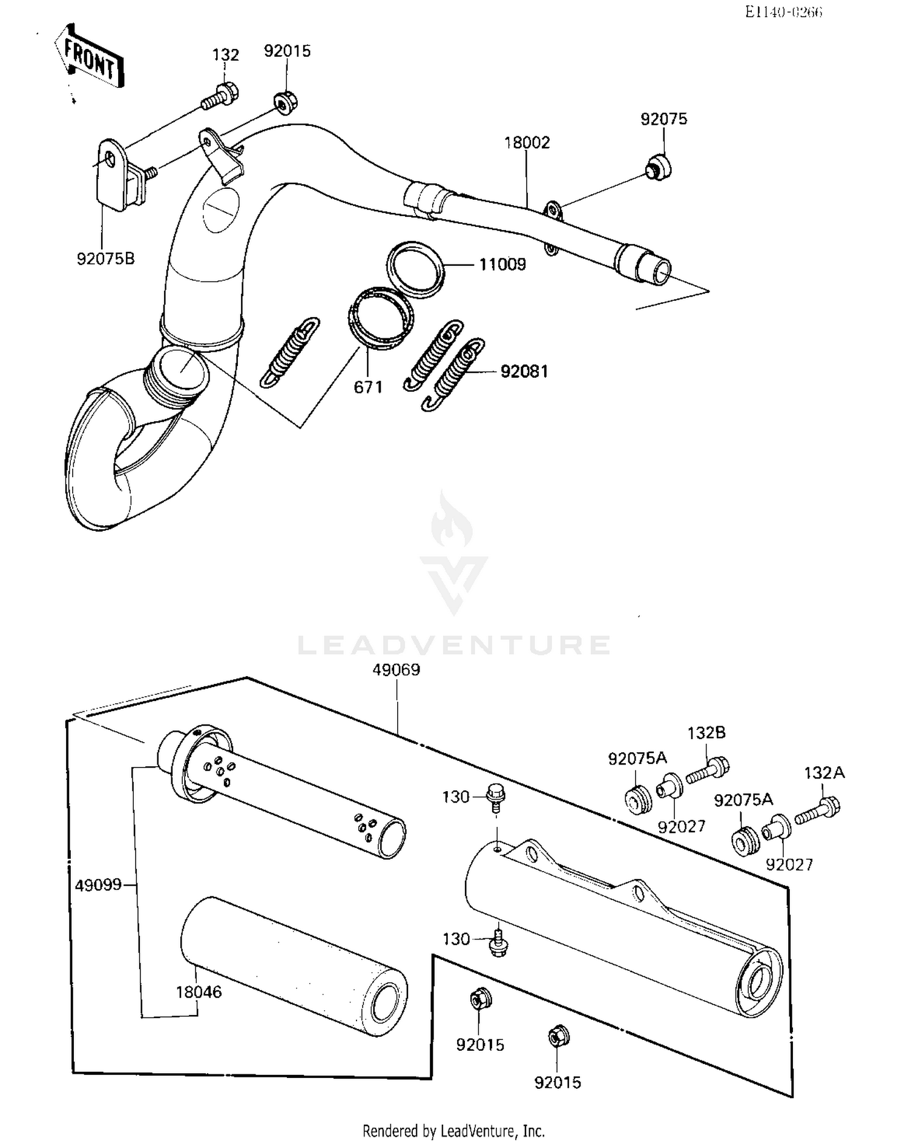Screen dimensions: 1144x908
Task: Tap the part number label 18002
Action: point(527,143)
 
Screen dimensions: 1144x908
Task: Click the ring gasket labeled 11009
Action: point(415,269)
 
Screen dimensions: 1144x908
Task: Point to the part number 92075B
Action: point(105,258)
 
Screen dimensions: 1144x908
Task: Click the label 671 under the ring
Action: point(368,387)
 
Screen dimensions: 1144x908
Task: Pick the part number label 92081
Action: point(524,371)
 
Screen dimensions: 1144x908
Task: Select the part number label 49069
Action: point(396,670)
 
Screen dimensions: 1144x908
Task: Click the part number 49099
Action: point(98,886)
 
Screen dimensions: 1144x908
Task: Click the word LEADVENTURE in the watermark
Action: point(454,645)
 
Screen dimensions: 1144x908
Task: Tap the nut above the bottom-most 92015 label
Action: point(556,1037)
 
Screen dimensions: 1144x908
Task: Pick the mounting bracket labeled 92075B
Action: point(115,176)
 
